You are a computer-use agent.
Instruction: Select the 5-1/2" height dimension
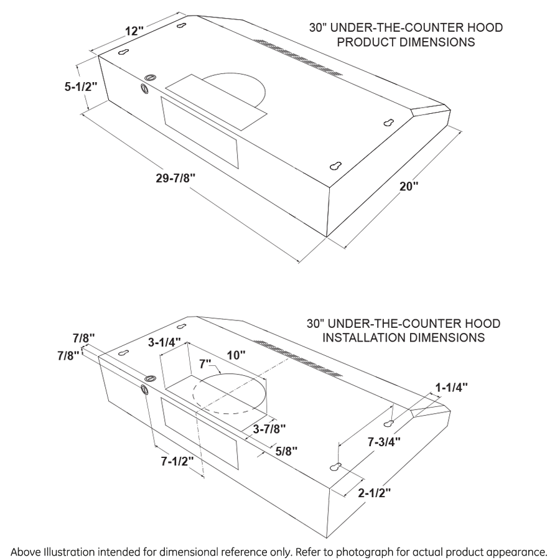click(x=81, y=87)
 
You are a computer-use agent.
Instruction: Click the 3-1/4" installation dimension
click(x=164, y=342)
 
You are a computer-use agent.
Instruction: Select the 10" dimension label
click(x=236, y=355)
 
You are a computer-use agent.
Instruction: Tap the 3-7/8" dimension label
click(x=269, y=429)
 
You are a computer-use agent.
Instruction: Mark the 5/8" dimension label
click(x=286, y=450)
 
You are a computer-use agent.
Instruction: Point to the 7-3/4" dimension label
click(x=383, y=442)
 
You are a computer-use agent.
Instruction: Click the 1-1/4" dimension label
click(x=451, y=387)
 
